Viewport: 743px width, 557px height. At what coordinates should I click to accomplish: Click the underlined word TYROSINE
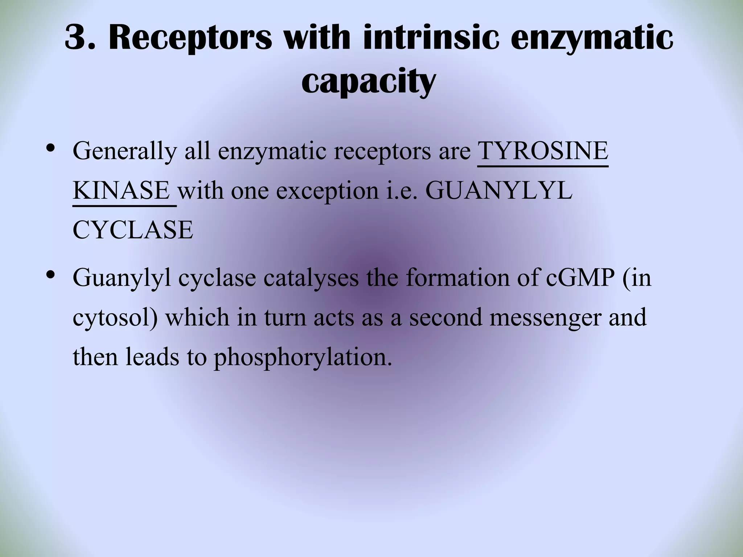point(543,151)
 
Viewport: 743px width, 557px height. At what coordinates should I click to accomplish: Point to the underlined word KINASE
point(121,190)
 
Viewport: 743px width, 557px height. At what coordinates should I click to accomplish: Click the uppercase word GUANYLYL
point(498,190)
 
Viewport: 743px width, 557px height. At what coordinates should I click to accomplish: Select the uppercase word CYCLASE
point(133,230)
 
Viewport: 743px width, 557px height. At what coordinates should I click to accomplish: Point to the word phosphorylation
point(303,358)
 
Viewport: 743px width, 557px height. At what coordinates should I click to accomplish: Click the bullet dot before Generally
point(51,148)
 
